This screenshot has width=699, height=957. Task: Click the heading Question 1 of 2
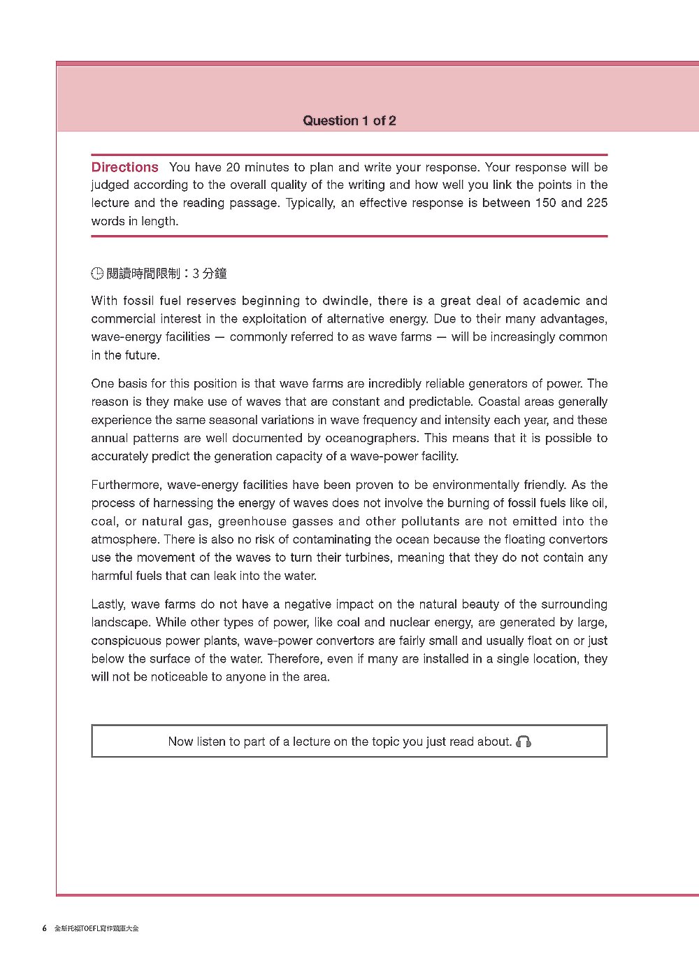click(349, 120)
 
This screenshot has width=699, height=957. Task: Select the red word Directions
click(125, 167)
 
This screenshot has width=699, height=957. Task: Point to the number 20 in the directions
click(233, 167)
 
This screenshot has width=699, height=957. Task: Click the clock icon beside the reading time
click(97, 274)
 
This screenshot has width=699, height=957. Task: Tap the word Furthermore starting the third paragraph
click(126, 485)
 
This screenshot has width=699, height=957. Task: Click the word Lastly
click(108, 604)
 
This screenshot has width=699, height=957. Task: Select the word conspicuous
click(126, 641)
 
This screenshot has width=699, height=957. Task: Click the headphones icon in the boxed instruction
click(524, 742)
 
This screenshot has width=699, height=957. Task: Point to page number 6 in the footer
click(45, 928)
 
